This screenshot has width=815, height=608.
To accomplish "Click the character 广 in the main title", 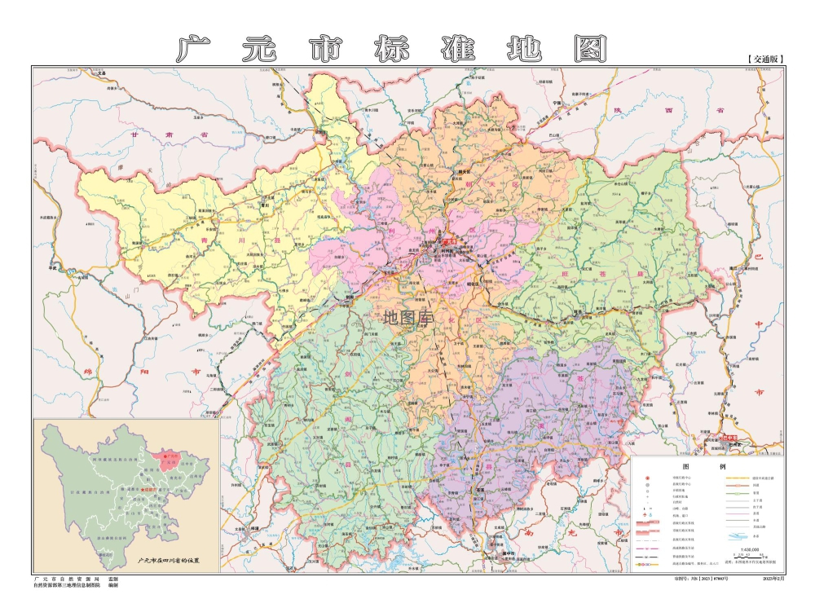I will [193, 49].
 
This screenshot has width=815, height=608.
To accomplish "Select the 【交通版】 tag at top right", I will [764, 59].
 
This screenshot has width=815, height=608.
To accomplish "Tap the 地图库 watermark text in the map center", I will [407, 316].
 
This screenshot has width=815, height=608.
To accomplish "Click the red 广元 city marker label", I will [449, 240].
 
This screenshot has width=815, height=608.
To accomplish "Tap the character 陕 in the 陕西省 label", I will [641, 110].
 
